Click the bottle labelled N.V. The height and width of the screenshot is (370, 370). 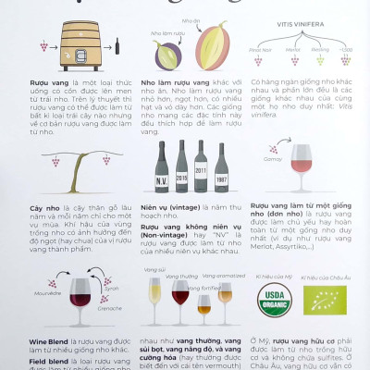click(x=162, y=166)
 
